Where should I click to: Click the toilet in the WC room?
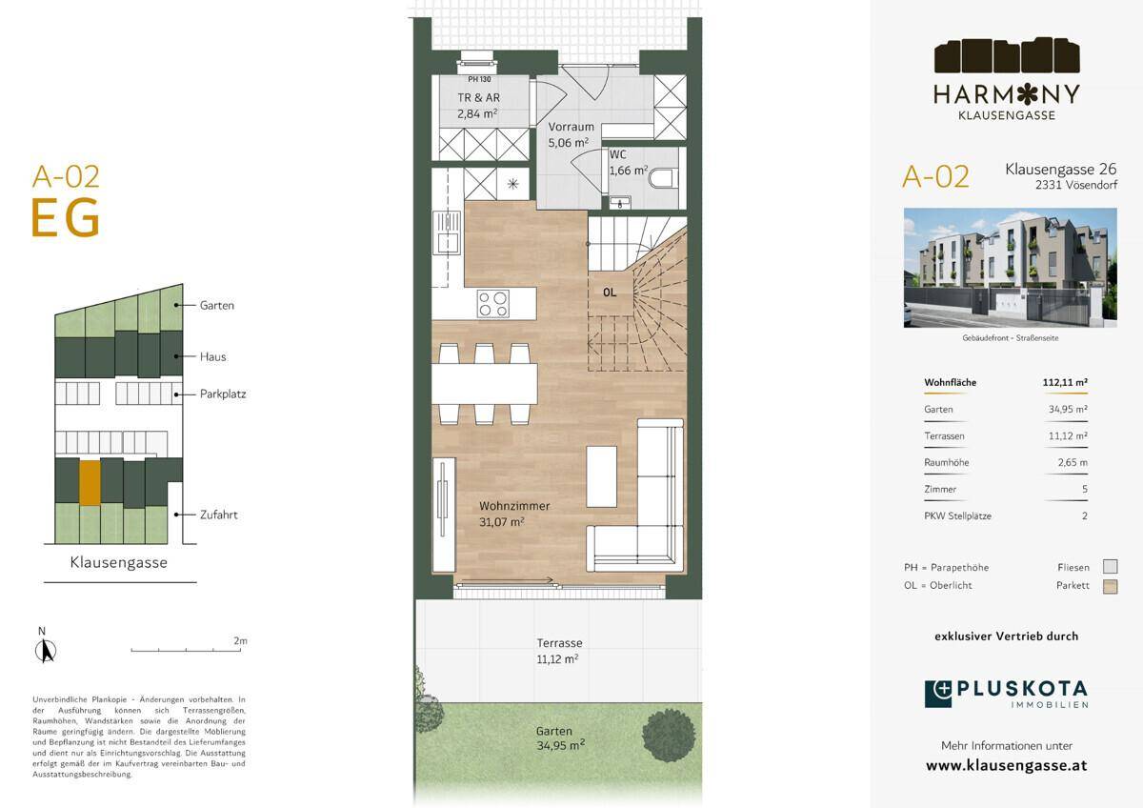coord(663,178)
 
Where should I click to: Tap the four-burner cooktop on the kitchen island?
coord(493,304)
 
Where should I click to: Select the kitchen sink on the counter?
coord(447,232)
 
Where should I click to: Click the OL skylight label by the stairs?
coord(610,293)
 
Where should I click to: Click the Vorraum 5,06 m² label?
coord(571,134)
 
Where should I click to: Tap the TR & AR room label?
coord(478,106)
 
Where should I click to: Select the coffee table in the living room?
coord(601,476)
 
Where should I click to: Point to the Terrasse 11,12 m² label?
coord(559,651)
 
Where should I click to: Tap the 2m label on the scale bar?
coord(240,640)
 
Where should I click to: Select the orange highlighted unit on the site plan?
coord(90,482)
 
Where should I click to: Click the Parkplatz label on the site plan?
coord(223,394)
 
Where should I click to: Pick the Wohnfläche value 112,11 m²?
coord(1065,382)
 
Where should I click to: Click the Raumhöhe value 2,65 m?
coord(1073,462)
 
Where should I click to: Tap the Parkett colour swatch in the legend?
coord(1111,587)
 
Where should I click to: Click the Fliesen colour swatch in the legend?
coord(1111,567)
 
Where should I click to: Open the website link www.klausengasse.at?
coord(1006,766)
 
